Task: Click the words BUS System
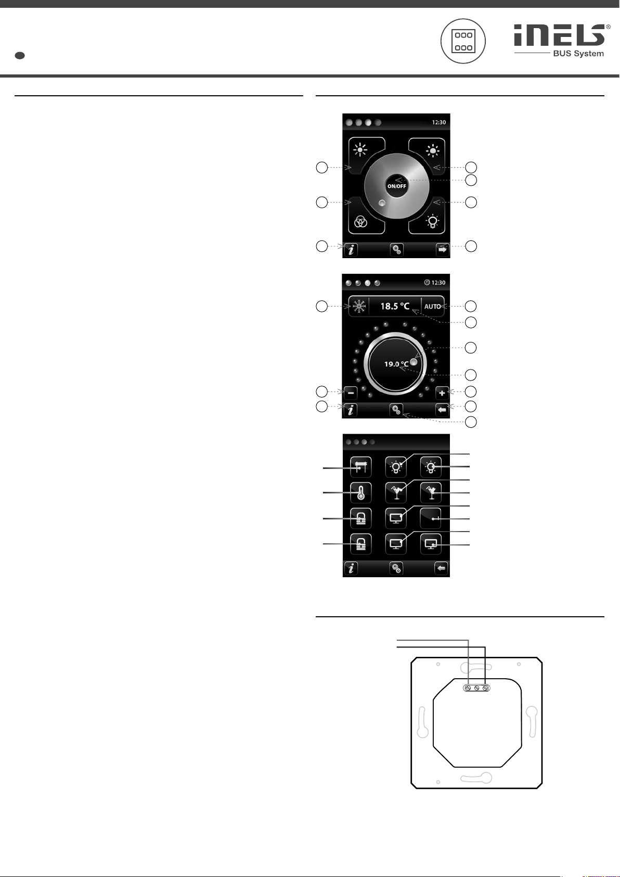580,54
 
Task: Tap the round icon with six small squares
463,42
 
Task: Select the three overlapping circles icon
360,222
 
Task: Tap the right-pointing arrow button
442,250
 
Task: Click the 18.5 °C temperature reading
395,307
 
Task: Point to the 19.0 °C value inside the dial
395,364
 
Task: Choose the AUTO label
433,307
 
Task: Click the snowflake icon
358,307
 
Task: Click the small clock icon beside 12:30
427,283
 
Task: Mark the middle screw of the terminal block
477,688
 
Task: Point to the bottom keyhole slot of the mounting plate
476,778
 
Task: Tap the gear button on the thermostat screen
396,410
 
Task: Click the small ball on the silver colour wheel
382,204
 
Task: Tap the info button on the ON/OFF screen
351,250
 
